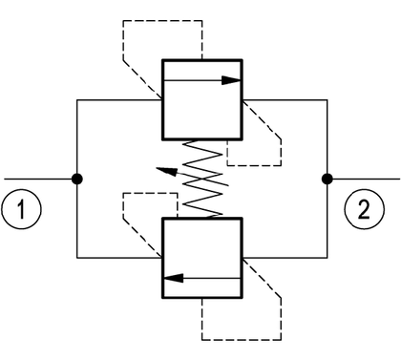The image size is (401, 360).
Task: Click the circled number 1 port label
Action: click(x=21, y=209)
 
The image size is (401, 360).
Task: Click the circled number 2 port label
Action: click(x=365, y=209)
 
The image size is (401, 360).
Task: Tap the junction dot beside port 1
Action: click(x=77, y=179)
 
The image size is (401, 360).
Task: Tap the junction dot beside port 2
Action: click(x=327, y=179)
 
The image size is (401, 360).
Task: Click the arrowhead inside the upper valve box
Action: click(x=231, y=80)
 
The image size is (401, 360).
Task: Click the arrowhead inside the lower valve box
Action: click(x=174, y=278)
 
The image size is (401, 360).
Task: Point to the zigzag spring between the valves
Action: click(x=202, y=179)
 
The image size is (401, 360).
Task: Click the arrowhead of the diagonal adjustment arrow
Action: click(x=166, y=171)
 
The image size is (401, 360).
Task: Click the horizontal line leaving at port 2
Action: click(x=364, y=179)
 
